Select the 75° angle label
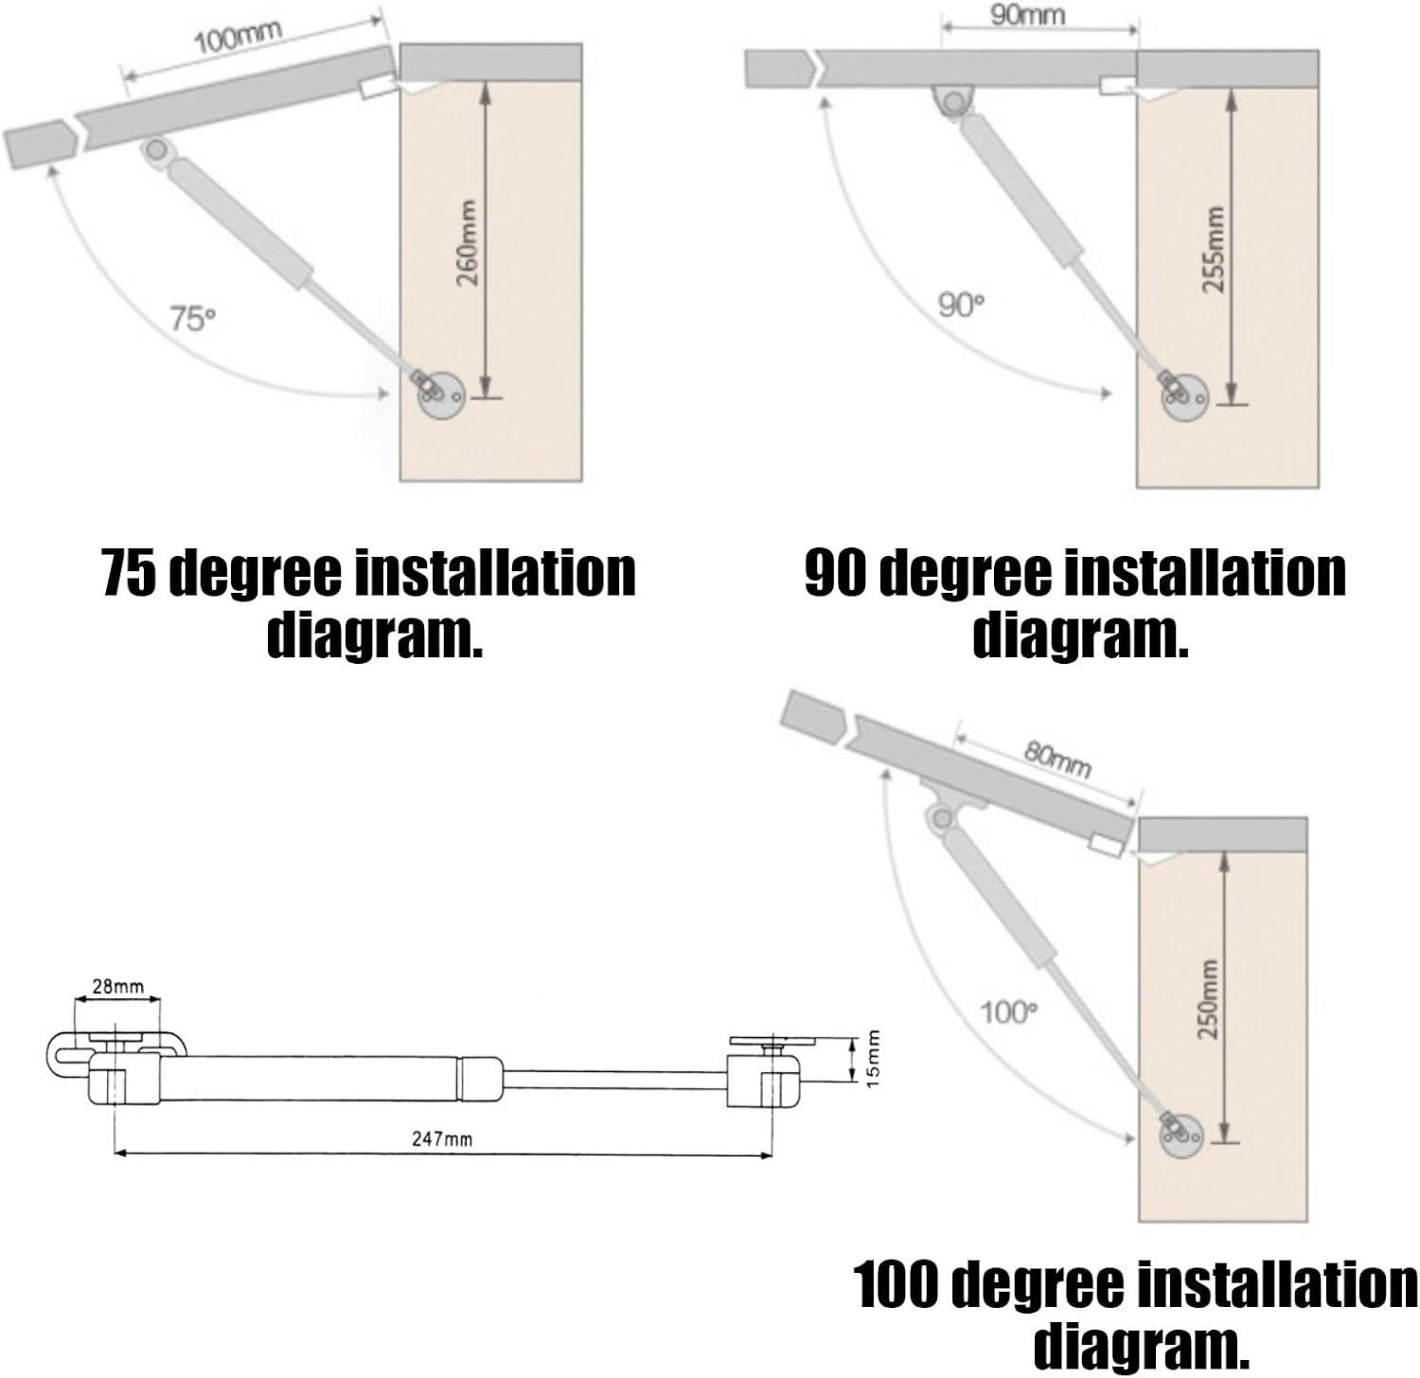click(x=192, y=318)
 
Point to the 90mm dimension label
click(x=1027, y=15)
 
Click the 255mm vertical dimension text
click(x=1215, y=249)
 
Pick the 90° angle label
click(x=961, y=305)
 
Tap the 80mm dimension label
click(x=1057, y=759)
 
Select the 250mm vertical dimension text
click(x=1207, y=999)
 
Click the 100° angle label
click(x=1008, y=1012)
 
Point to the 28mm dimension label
click(x=117, y=987)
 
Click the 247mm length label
click(x=442, y=1138)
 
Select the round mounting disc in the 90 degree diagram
click(x=1184, y=395)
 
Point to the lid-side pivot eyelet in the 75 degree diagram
click(x=156, y=151)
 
